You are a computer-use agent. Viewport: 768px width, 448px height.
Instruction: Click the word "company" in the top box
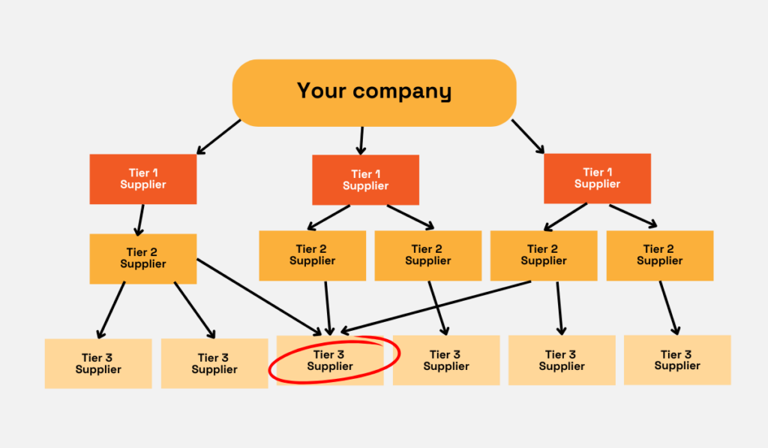tap(402, 92)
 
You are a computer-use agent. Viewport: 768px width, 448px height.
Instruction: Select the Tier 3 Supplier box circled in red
tap(330, 360)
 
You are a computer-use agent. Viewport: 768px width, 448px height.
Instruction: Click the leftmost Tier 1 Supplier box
tap(143, 179)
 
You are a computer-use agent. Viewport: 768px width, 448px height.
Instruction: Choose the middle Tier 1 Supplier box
tap(366, 180)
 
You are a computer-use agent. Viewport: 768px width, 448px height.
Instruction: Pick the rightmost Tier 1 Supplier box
tap(597, 178)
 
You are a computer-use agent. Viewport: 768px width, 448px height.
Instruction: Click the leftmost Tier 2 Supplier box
tap(143, 258)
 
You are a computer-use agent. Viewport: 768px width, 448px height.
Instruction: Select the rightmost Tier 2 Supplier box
tap(659, 255)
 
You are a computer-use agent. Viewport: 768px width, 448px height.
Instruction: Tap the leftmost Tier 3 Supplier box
tap(98, 363)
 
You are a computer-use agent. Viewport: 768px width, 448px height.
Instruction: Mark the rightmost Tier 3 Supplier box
tap(676, 360)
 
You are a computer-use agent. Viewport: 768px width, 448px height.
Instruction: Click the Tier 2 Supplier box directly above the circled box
tap(312, 255)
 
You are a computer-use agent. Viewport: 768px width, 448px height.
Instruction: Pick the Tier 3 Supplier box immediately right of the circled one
tap(446, 360)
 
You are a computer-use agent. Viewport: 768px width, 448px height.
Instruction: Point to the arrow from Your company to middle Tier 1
tap(361, 140)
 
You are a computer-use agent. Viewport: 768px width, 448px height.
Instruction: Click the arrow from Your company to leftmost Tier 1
tap(218, 137)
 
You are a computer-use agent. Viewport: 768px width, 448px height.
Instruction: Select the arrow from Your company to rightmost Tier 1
tap(528, 136)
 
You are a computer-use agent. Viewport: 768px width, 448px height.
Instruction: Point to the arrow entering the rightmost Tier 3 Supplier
tap(669, 308)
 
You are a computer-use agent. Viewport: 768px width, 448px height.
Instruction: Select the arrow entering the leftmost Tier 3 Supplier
tap(112, 309)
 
